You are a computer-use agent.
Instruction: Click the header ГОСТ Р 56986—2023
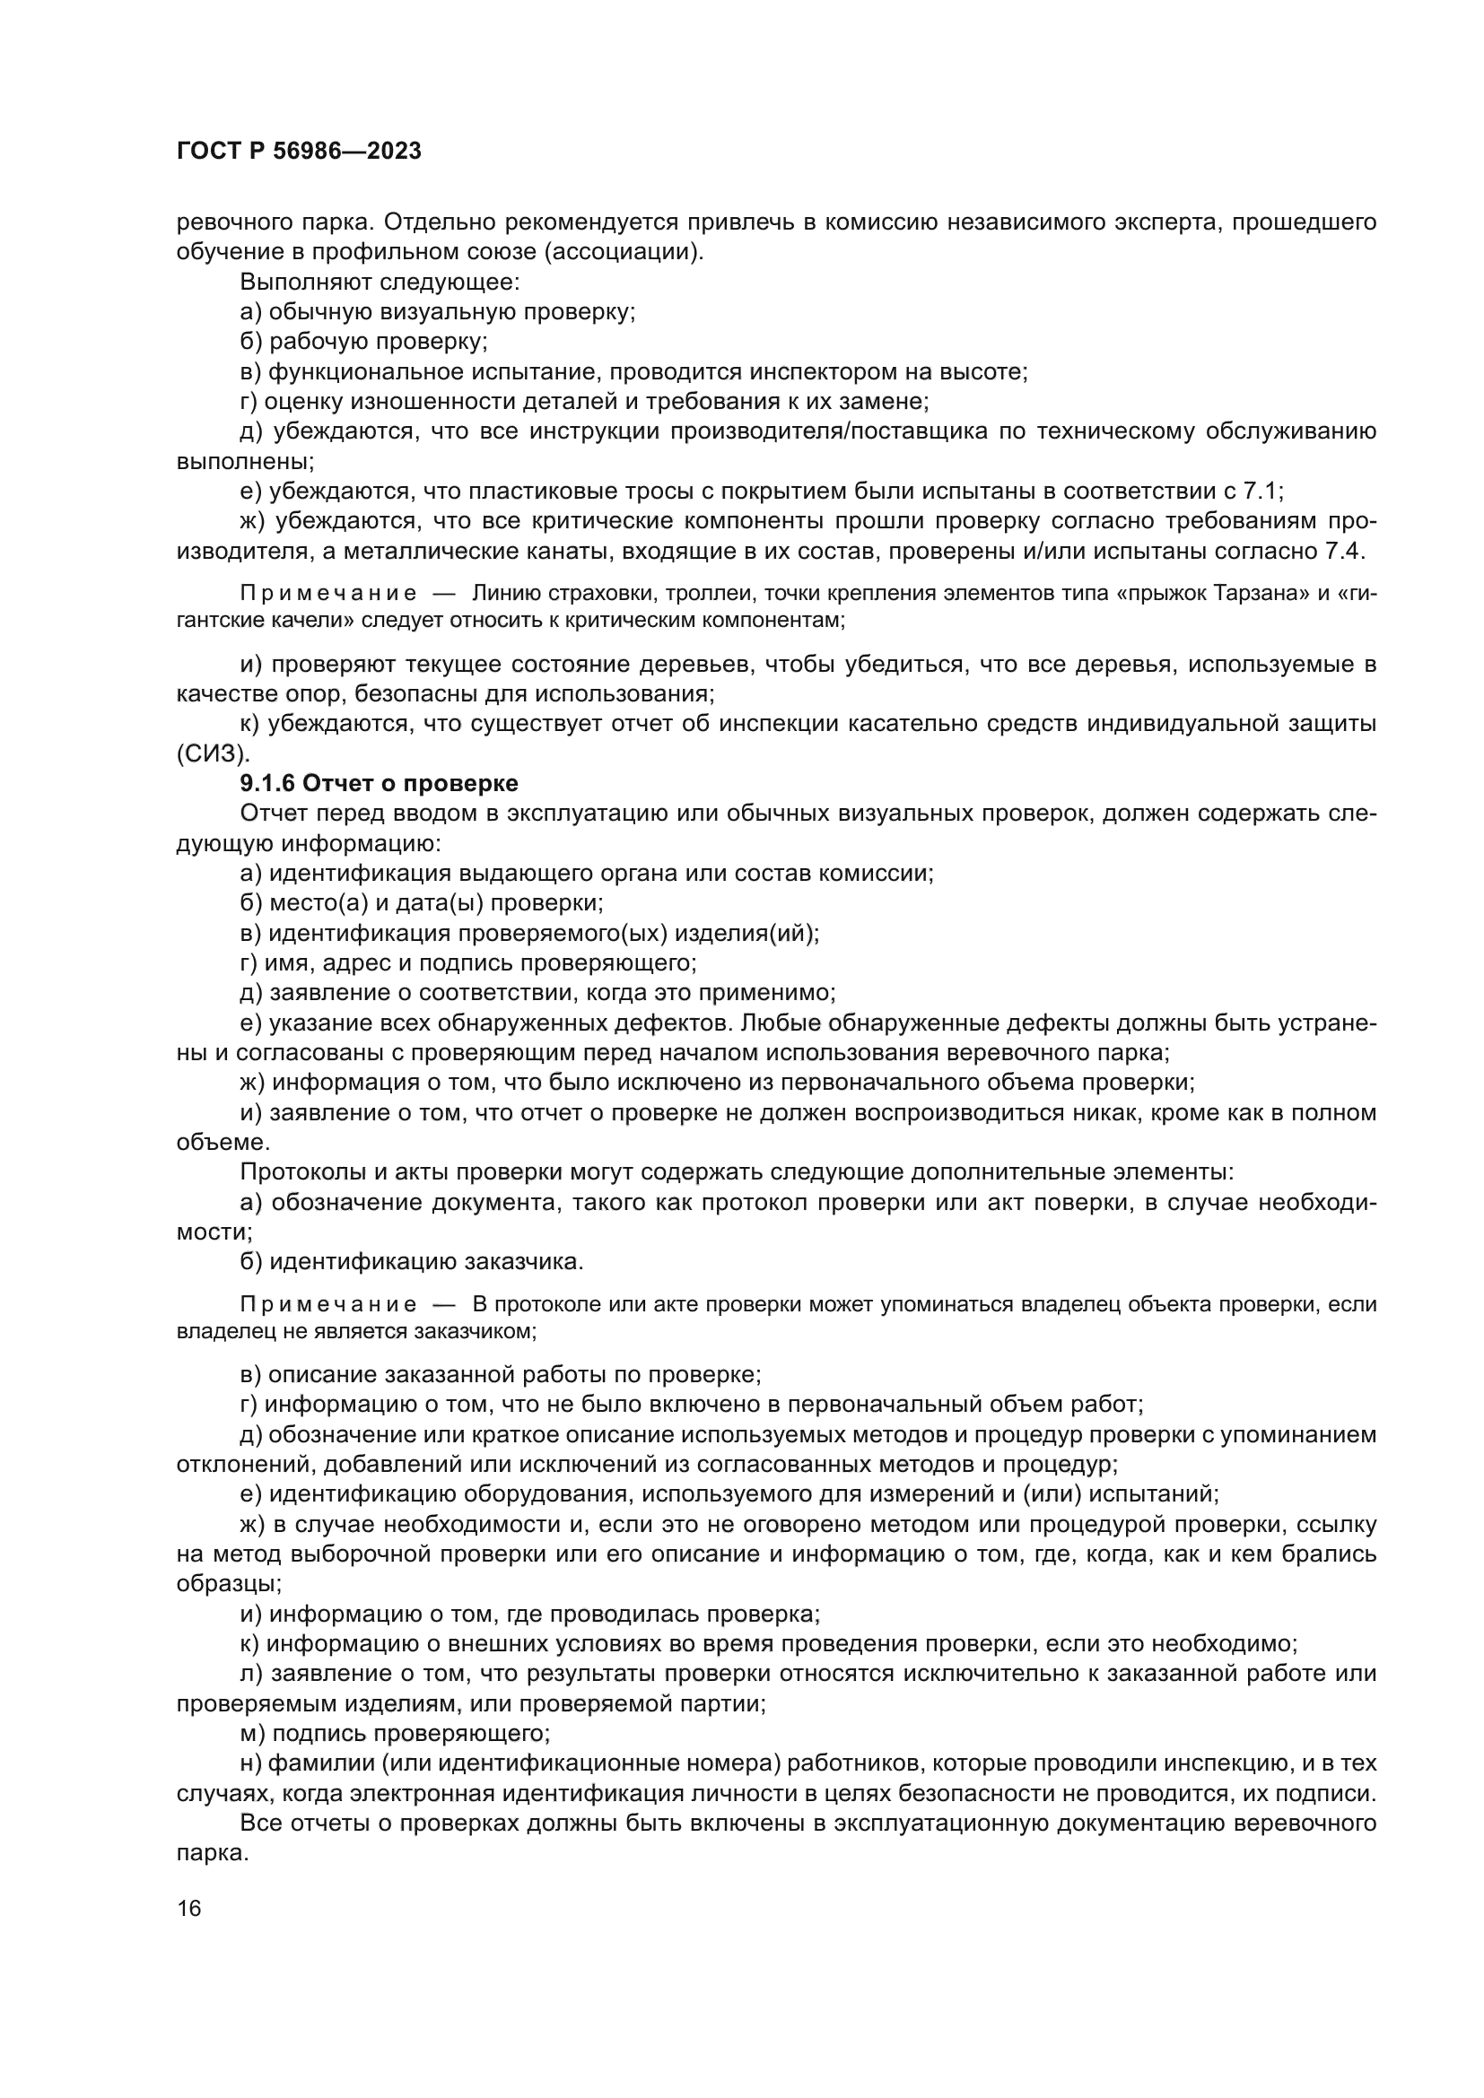click(x=299, y=152)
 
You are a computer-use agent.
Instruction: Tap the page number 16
click(x=189, y=1909)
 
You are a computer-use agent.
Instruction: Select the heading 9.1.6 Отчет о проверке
click(x=379, y=783)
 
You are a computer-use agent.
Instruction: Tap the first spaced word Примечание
click(x=328, y=593)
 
